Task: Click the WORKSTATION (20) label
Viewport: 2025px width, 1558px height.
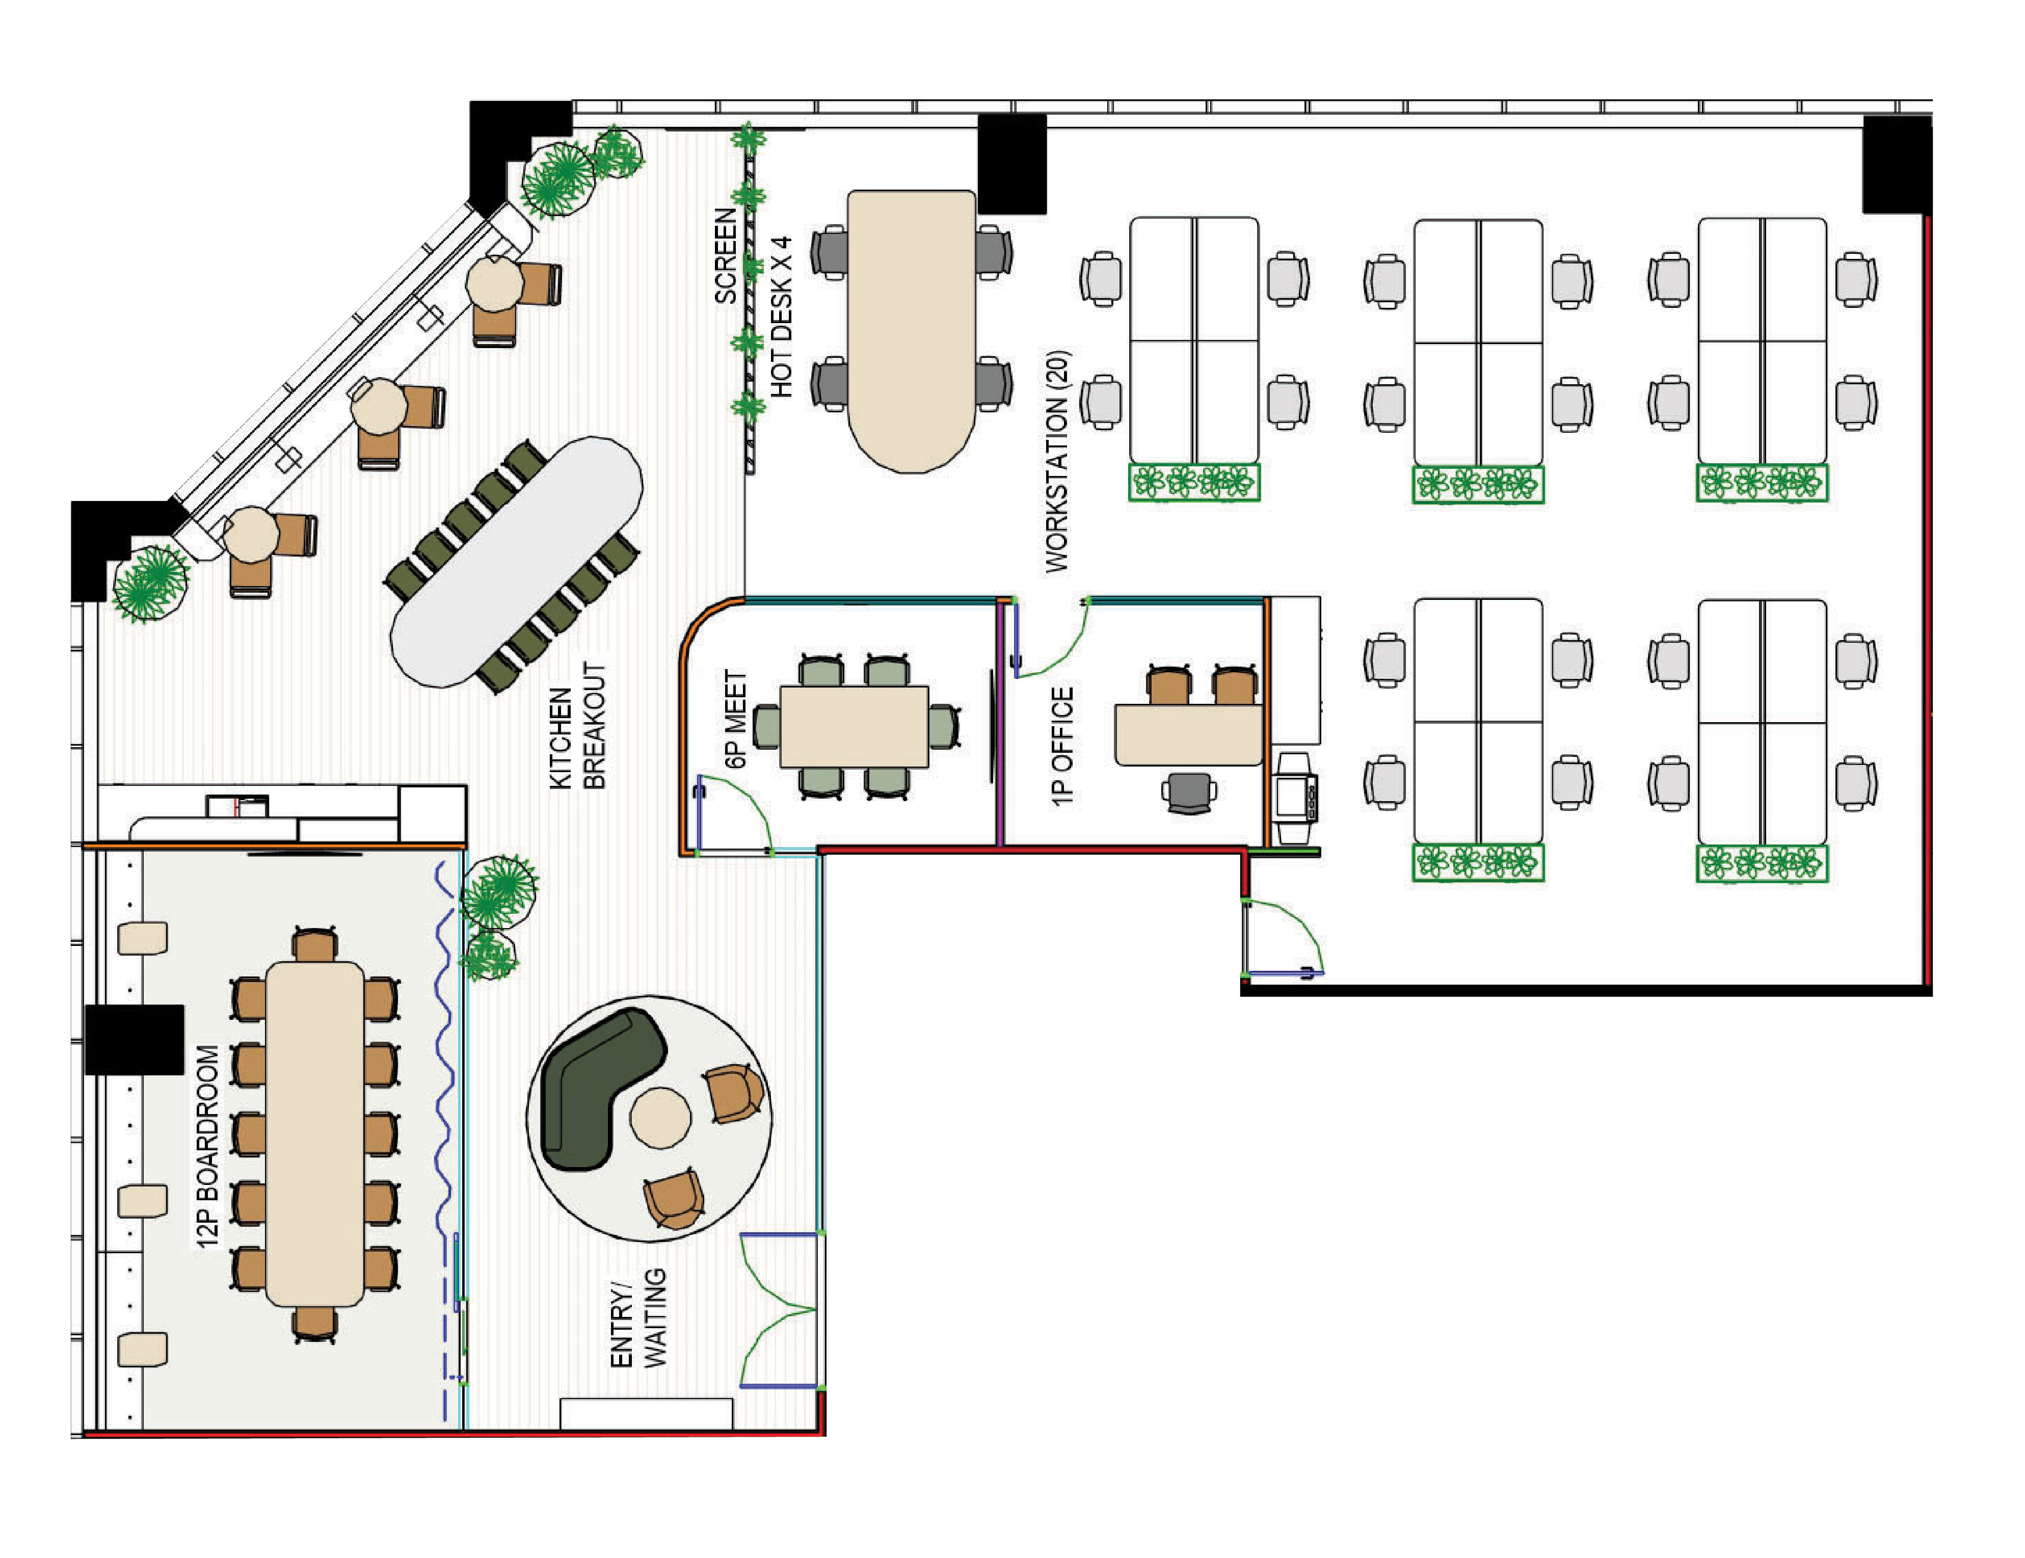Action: click(x=1057, y=461)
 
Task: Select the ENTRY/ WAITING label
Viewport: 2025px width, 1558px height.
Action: click(x=638, y=1317)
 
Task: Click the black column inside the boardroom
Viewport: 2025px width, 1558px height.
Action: click(x=135, y=1039)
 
